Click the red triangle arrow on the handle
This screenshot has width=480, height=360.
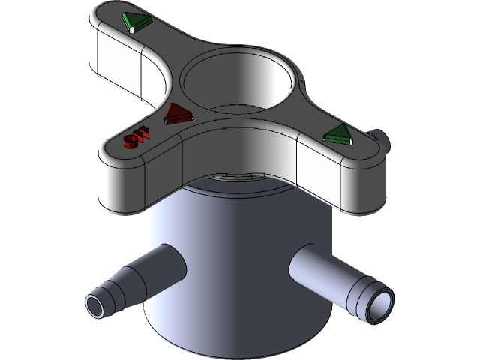coord(178,114)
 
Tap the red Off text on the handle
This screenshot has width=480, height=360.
coord(139,137)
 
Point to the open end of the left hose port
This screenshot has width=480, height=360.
coord(95,304)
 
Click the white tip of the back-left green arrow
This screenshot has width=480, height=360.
coord(131,29)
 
